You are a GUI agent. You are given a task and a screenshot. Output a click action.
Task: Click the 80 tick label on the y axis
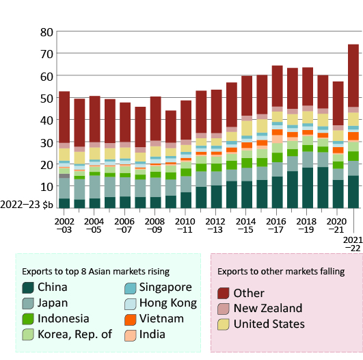[46, 32]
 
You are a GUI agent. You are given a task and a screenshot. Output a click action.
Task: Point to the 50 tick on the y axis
[46, 98]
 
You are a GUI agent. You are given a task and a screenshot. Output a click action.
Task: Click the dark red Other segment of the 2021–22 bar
[353, 75]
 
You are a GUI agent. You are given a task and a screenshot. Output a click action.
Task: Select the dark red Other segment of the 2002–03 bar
[64, 116]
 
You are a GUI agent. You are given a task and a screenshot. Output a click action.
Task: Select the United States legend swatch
[224, 324]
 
